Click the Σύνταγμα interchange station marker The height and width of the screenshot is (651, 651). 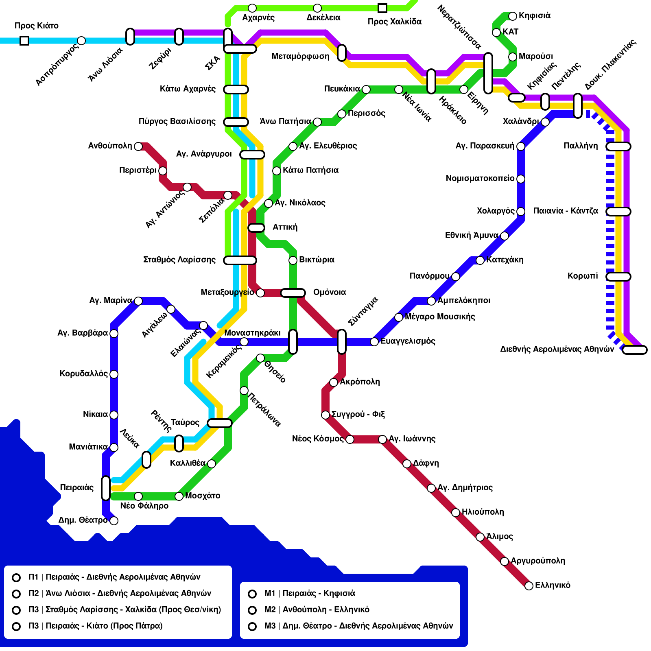[x=342, y=341]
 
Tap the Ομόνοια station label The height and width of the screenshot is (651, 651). [x=330, y=292]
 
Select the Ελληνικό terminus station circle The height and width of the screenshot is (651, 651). [x=529, y=585]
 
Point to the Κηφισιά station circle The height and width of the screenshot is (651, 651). [x=513, y=16]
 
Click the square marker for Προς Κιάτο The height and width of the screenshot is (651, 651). [x=24, y=41]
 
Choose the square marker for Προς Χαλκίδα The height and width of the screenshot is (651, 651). [x=382, y=8]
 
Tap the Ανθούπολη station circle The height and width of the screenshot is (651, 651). [x=138, y=146]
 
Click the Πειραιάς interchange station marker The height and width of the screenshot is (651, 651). [x=106, y=488]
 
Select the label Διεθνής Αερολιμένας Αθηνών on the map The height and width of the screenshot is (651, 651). [x=557, y=349]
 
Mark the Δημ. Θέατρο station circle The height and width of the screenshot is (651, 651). [x=114, y=520]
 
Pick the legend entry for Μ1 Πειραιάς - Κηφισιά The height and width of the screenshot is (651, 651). [x=309, y=593]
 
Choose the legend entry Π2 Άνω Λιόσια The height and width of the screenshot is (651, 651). [x=120, y=593]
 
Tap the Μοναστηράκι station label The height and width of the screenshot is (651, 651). [x=252, y=333]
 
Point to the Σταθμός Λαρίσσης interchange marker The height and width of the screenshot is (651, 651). [x=240, y=260]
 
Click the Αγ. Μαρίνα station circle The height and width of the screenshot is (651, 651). [x=138, y=301]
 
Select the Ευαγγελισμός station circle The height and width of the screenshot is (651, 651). [x=374, y=341]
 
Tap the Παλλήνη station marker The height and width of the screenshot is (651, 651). [x=618, y=146]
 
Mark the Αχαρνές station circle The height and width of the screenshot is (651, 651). [x=252, y=8]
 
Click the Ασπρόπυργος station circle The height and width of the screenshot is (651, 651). [x=81, y=41]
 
